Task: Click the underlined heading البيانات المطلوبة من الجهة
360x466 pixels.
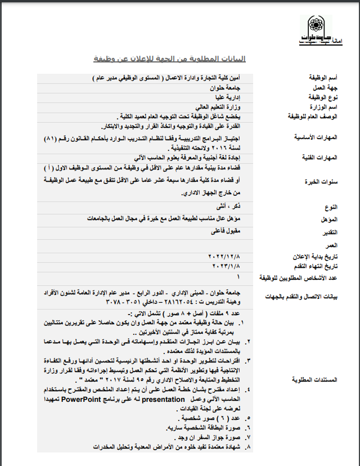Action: coord(169,59)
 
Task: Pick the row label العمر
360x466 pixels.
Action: coord(331,245)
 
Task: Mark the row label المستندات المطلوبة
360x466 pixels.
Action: coord(317,379)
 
